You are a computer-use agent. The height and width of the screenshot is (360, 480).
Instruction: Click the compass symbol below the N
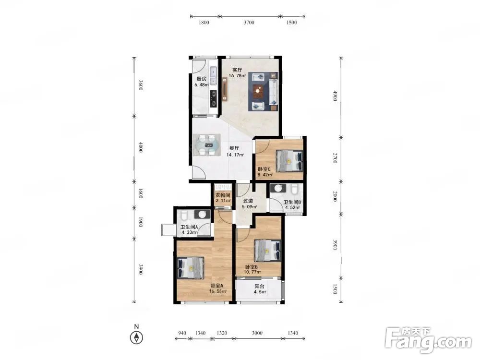point(136,337)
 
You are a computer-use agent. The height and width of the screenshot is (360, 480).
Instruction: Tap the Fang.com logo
point(428,339)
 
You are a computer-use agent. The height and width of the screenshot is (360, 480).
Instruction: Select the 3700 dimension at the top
point(249,23)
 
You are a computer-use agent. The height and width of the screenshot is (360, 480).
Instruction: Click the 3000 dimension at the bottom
point(257,333)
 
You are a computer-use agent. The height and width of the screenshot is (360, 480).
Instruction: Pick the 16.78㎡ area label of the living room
point(238,76)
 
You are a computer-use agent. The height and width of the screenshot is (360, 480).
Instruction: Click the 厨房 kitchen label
point(202,79)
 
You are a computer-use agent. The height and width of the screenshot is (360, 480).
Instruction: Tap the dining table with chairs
point(206,144)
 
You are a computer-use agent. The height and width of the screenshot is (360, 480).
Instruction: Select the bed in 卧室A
point(191,267)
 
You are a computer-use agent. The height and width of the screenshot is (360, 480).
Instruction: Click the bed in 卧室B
point(267,250)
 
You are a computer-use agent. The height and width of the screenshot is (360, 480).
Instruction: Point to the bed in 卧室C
point(289,161)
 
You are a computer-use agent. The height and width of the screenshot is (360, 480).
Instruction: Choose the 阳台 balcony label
point(259,287)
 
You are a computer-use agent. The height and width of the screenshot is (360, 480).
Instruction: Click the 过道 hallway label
point(248,201)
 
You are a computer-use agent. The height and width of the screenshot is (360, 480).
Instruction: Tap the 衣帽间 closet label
point(223,195)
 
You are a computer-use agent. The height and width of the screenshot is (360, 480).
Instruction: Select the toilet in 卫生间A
point(184,215)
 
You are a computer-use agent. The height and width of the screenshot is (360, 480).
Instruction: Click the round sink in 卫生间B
point(278,188)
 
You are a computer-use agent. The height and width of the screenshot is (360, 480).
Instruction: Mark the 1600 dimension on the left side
point(141,194)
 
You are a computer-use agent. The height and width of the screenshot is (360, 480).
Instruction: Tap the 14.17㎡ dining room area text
point(235,155)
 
